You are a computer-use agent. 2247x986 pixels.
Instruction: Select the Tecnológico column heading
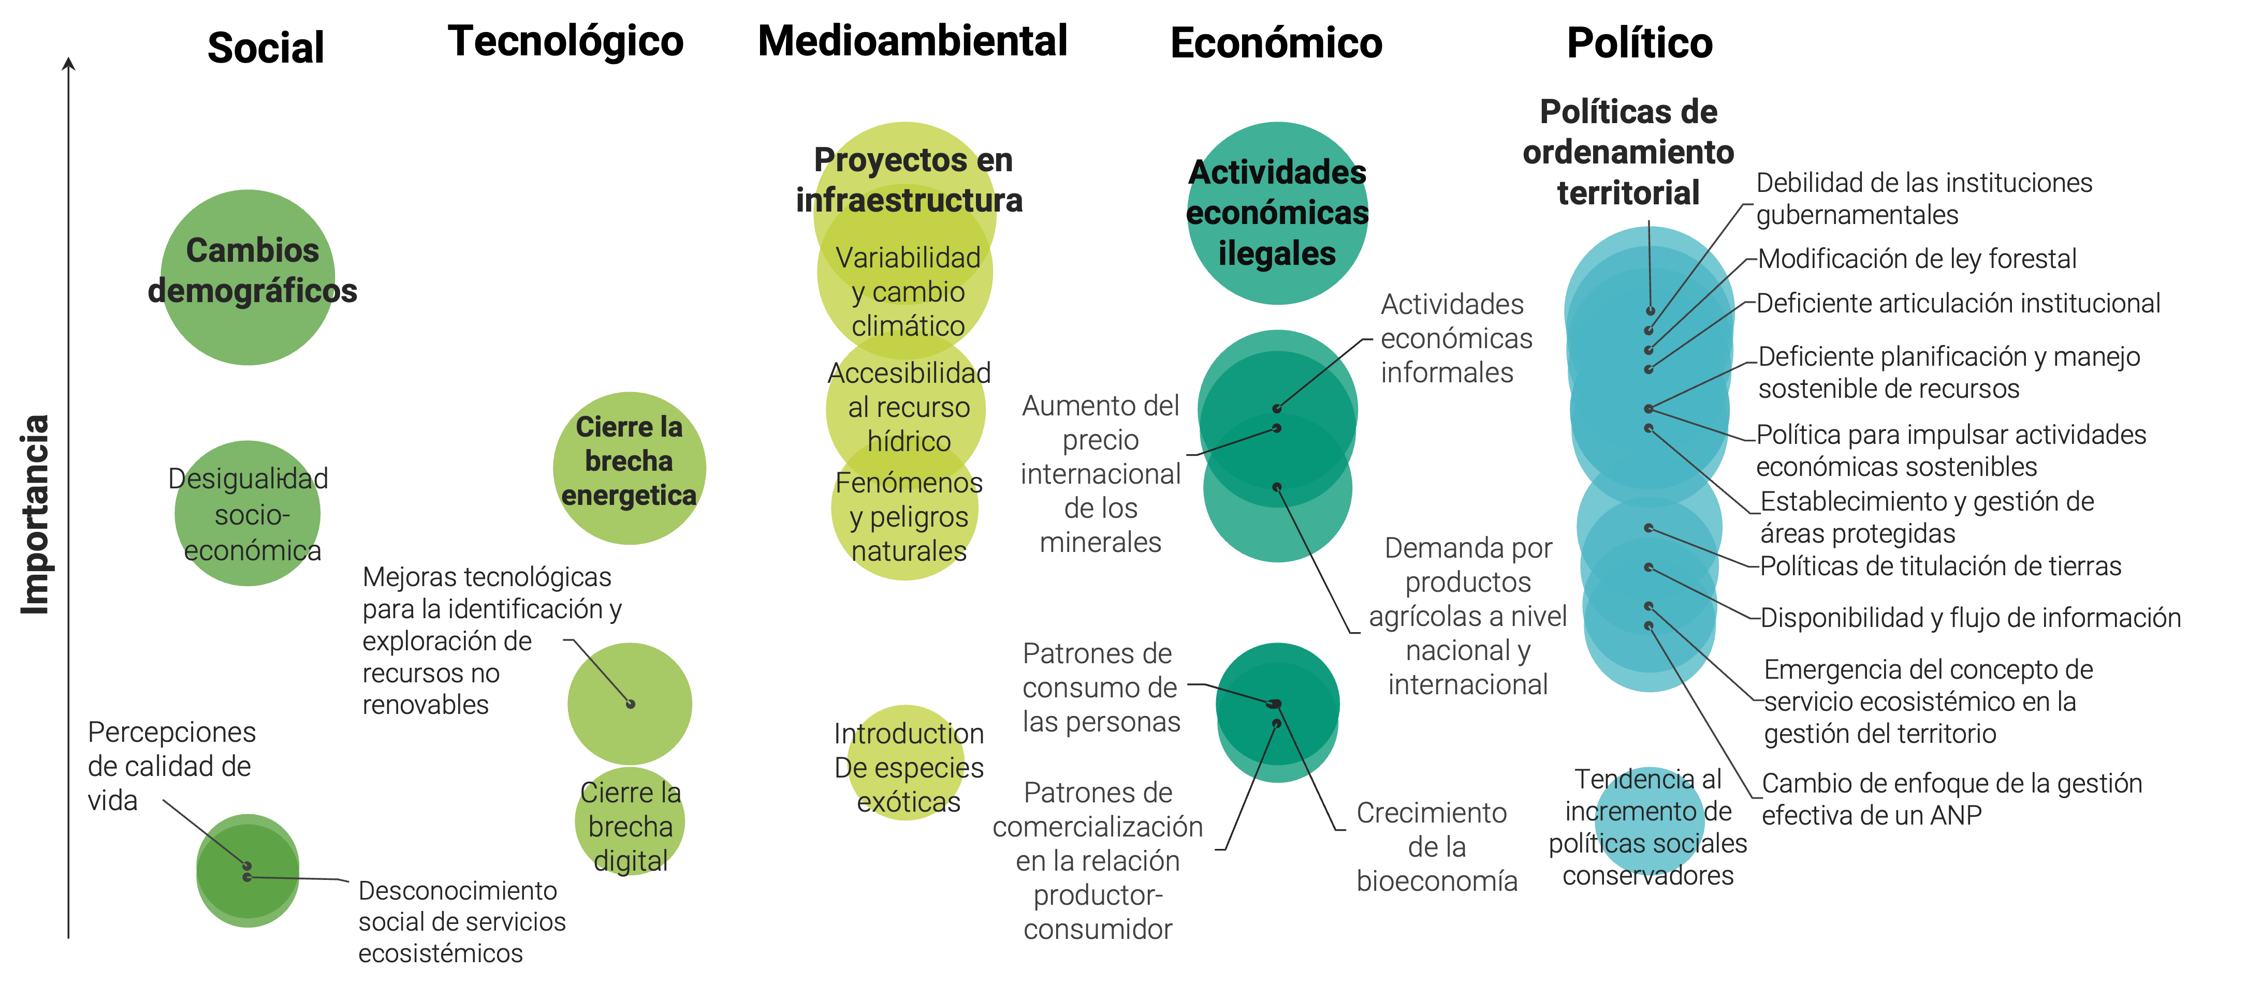point(565,42)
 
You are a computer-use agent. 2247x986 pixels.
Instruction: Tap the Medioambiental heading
point(912,40)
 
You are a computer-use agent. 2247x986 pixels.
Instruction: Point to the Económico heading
point(1276,43)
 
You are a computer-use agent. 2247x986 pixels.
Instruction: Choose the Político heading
point(1640,43)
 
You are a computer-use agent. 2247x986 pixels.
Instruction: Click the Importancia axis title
point(35,514)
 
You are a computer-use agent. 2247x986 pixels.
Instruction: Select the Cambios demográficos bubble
point(249,277)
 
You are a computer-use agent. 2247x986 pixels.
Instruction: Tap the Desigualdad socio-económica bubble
point(247,514)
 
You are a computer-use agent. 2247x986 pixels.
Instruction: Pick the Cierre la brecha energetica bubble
point(630,468)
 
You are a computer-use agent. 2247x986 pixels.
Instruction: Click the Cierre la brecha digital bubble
point(630,821)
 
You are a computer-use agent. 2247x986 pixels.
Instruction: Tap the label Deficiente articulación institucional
point(1958,303)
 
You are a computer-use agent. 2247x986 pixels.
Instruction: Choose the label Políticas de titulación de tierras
point(1941,566)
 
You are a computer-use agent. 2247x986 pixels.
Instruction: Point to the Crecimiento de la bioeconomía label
point(1436,846)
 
